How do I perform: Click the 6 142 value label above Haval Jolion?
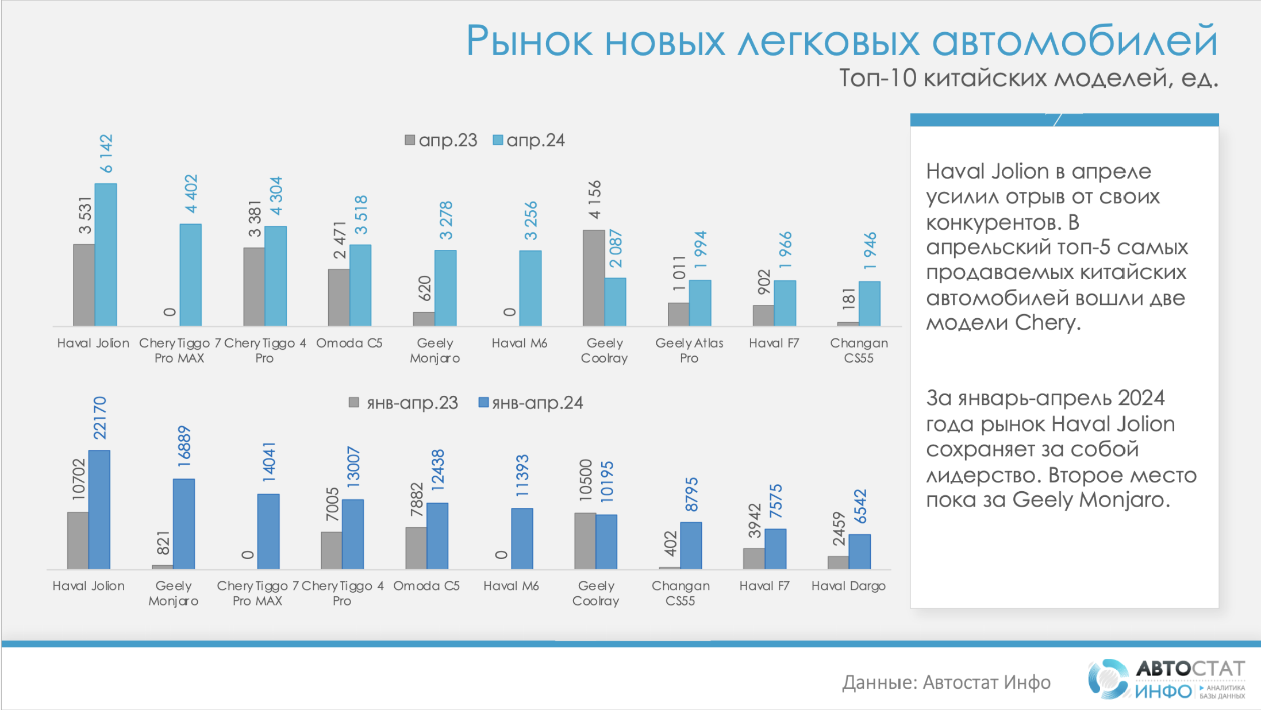coord(106,153)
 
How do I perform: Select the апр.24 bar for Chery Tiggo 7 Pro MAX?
coord(190,275)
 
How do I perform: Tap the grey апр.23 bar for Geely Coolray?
coord(593,277)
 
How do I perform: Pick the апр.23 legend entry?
coord(441,140)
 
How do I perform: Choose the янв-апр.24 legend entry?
coord(531,403)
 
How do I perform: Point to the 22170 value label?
coord(100,418)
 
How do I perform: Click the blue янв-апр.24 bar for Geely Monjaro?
coord(184,523)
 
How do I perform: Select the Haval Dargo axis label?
coord(848,586)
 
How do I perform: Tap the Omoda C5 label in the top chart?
coord(349,343)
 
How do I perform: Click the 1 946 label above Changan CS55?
coord(870,251)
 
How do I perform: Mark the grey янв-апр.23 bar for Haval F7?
coord(753,558)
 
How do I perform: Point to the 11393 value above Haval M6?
coord(522,476)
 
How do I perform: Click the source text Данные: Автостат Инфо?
coord(946,682)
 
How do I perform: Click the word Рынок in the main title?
coord(529,41)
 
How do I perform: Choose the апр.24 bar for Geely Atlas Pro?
coord(700,303)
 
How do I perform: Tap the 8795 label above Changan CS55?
coord(691,495)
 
